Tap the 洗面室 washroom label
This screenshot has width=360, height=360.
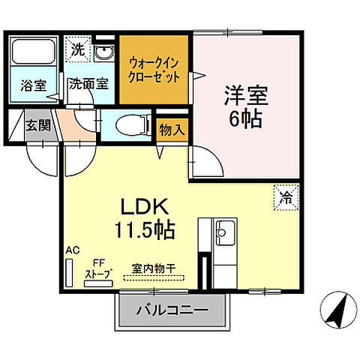[89, 85]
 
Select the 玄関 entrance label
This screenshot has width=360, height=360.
[37, 125]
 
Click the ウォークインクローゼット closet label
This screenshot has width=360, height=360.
[154, 70]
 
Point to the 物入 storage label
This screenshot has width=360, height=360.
[172, 130]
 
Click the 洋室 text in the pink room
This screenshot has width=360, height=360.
[246, 95]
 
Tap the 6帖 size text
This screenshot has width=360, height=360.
[246, 119]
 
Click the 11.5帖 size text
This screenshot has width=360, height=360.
[144, 229]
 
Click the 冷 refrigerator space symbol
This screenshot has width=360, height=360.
[286, 199]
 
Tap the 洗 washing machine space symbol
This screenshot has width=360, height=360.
[77, 51]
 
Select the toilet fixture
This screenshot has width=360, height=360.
[133, 126]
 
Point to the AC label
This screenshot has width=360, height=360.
[72, 250]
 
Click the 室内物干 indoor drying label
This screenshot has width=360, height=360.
[154, 268]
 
